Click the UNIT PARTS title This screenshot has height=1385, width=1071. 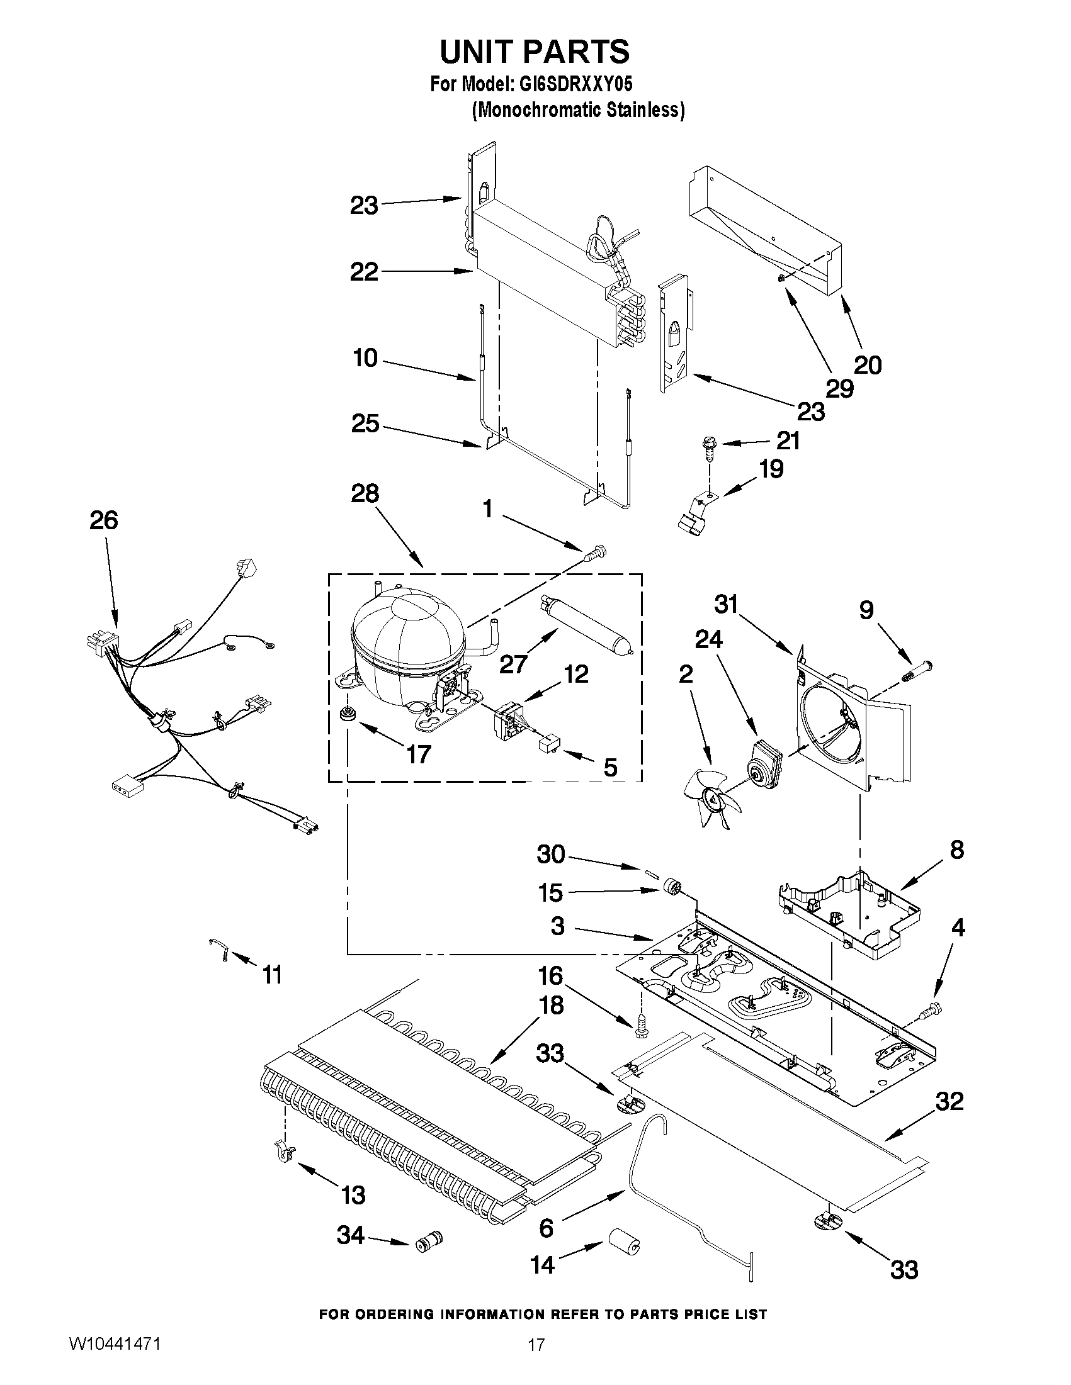(534, 52)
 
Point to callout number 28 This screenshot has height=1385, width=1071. (365, 493)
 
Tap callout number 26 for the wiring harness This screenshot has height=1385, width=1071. (103, 520)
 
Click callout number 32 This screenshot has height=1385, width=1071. (949, 1102)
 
